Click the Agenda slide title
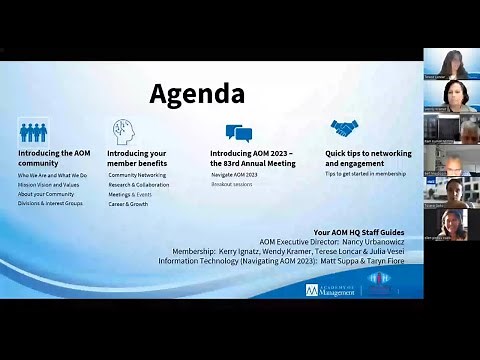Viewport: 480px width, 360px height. point(197,94)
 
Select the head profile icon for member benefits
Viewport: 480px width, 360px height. point(123,131)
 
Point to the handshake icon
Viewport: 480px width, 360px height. point(344,130)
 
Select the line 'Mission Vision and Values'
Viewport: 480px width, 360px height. point(48,185)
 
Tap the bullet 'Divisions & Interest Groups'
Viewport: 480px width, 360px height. point(50,203)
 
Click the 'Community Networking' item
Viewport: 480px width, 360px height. point(137,176)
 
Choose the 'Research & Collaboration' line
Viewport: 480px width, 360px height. point(139,185)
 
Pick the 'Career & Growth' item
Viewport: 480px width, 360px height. point(128,203)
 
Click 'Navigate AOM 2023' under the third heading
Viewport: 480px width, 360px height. point(233,176)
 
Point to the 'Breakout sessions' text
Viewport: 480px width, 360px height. point(231,185)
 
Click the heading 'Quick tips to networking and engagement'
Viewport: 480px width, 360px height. point(368,158)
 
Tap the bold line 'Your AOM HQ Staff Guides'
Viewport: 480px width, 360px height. point(356,232)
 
